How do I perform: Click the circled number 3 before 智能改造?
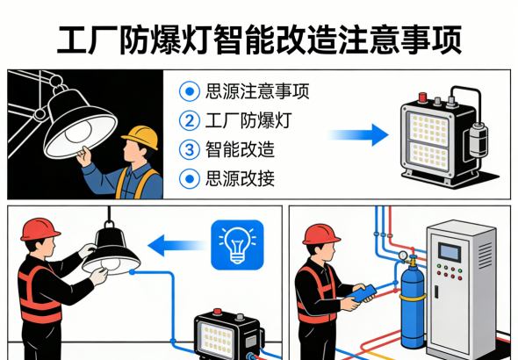click(189, 149)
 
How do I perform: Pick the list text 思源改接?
click(239, 178)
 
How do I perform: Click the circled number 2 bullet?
click(189, 119)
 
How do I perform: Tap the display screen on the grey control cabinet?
click(451, 252)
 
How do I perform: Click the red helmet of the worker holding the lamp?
click(40, 229)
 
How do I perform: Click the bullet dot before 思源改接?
click(189, 178)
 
